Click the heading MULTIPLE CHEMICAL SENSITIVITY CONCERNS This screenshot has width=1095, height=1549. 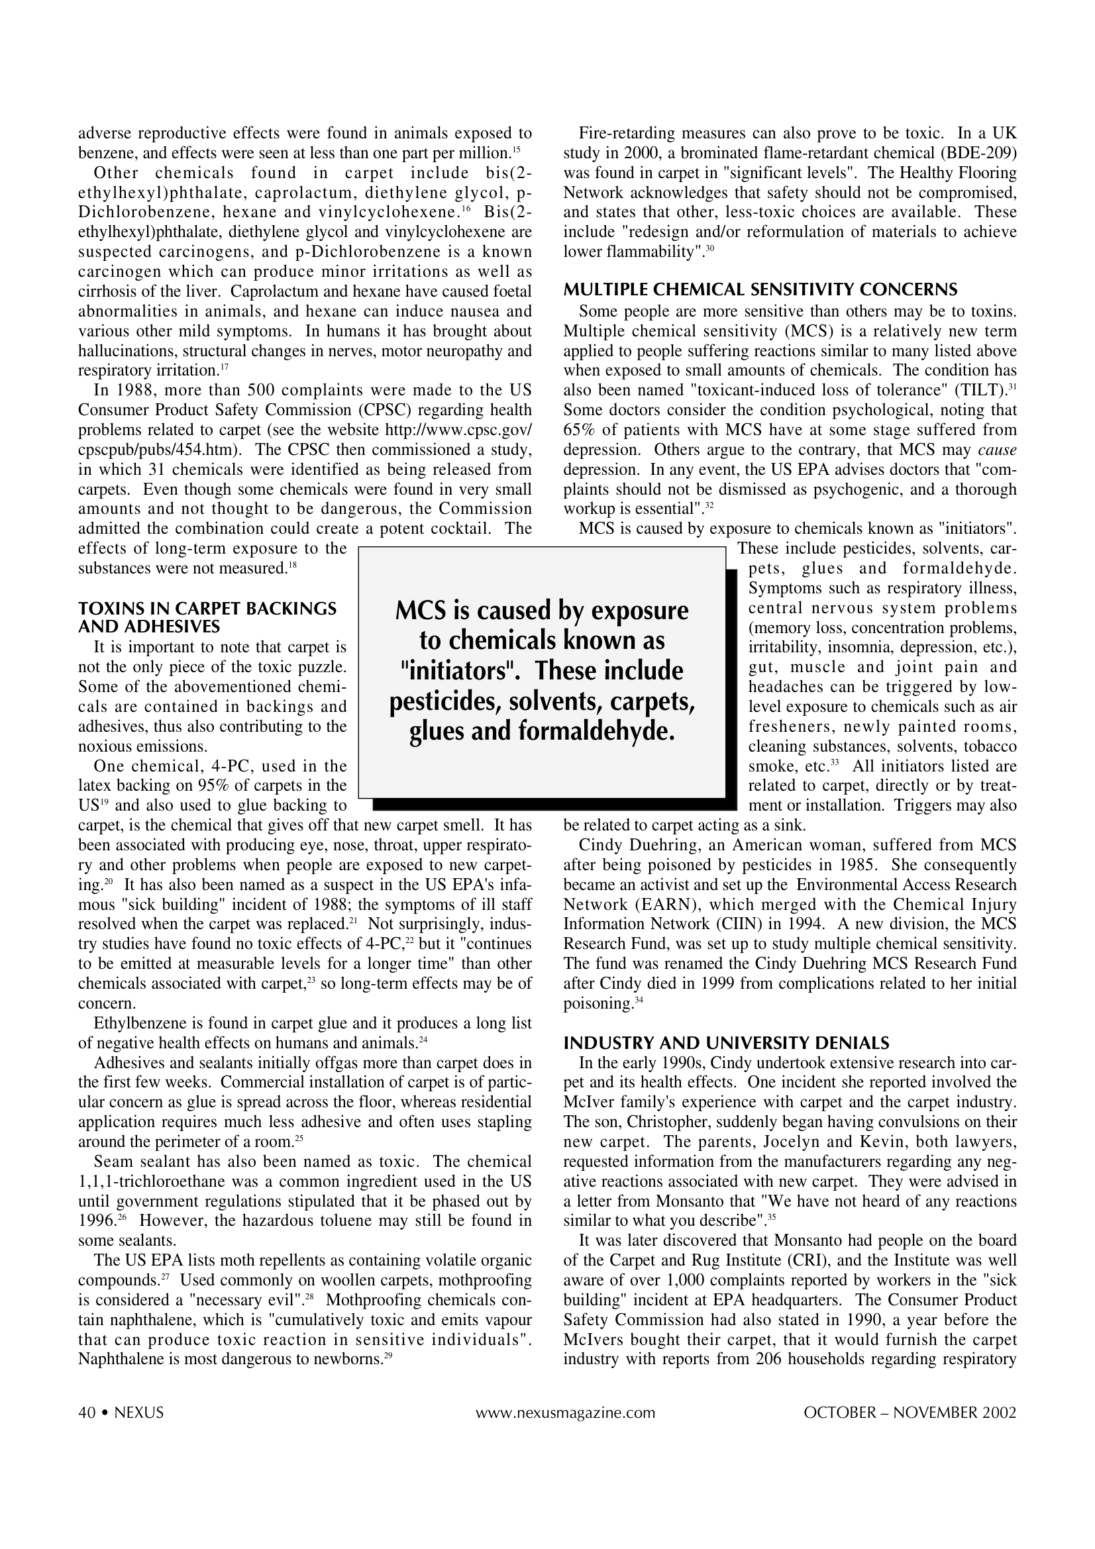(760, 290)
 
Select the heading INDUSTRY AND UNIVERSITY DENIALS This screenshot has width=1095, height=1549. (726, 1043)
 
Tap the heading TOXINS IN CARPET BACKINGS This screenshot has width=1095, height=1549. (207, 609)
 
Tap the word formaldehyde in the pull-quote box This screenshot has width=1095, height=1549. (596, 730)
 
